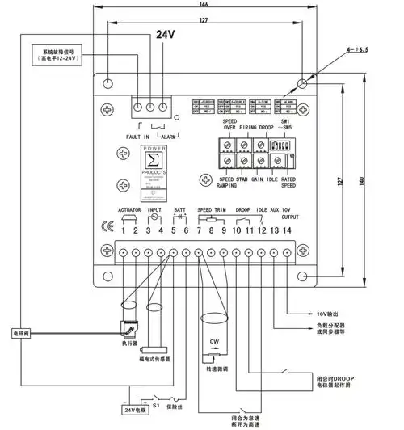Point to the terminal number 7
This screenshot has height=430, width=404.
point(199,231)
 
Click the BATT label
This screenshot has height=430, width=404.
point(180,209)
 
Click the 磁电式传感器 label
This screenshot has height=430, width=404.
point(154,359)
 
